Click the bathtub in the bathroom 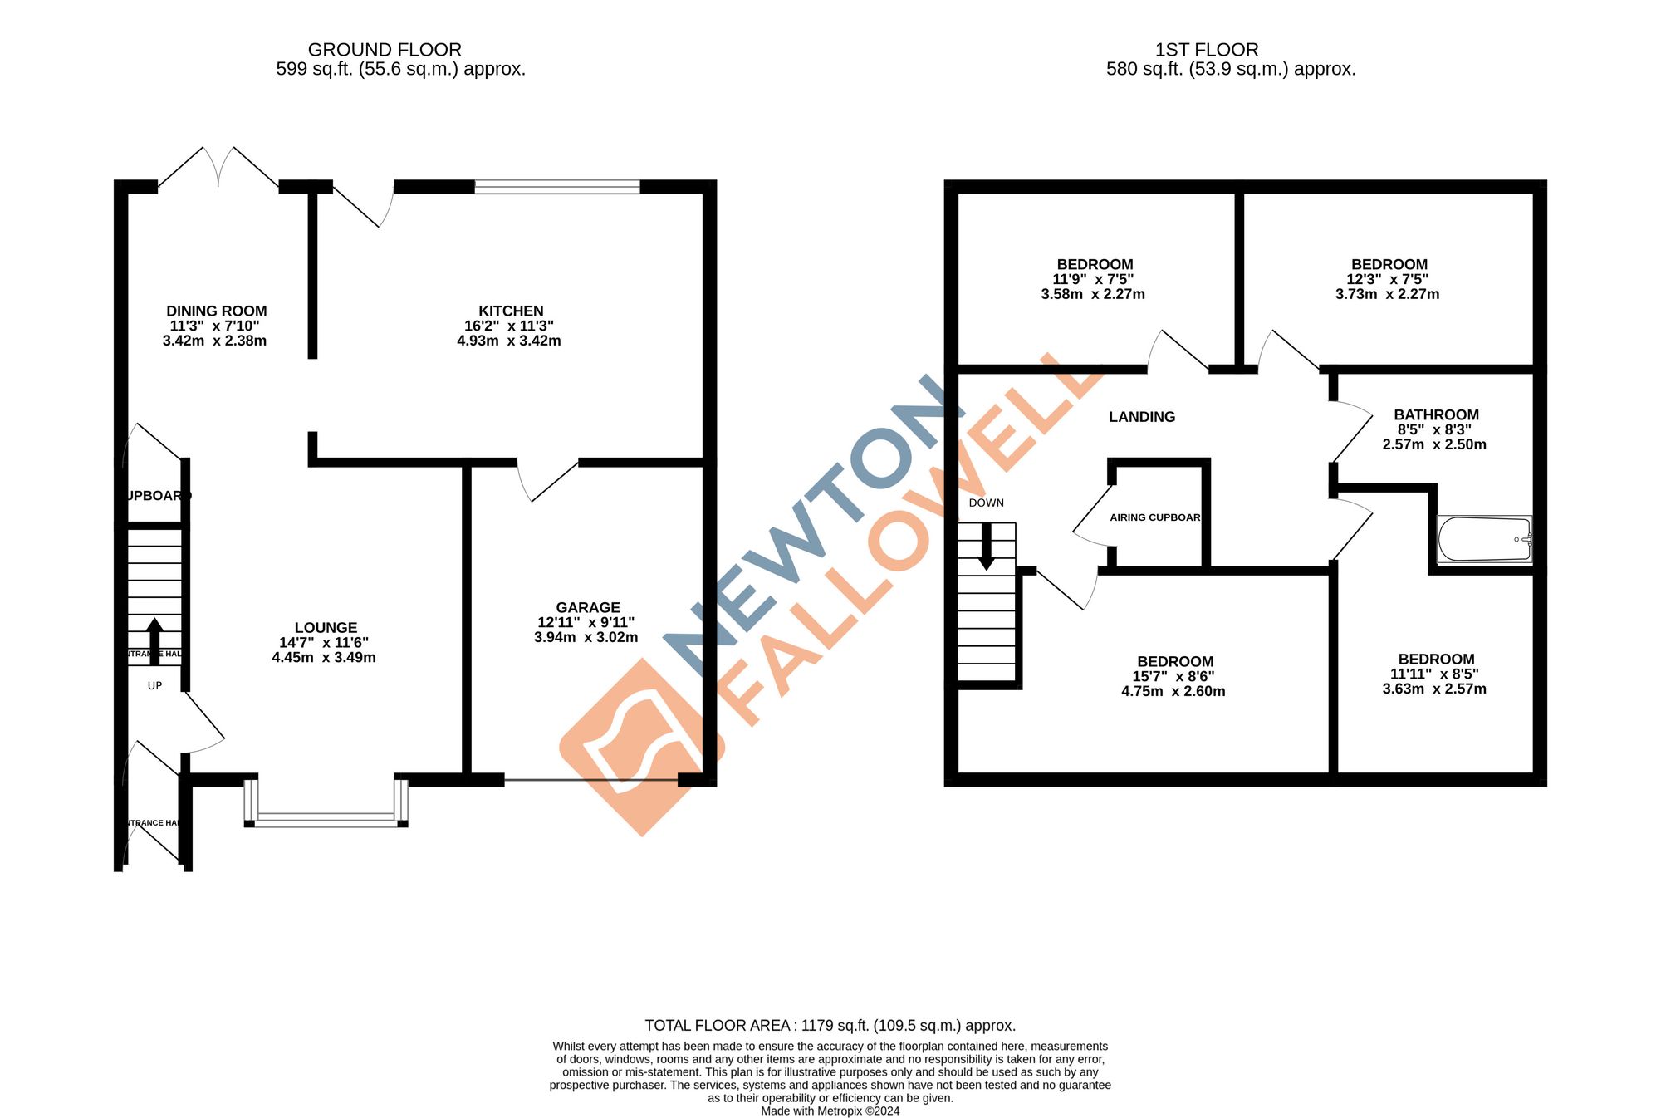pyautogui.click(x=1484, y=539)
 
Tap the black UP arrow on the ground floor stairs pyautogui.click(x=154, y=640)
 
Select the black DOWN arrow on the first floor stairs pyautogui.click(x=987, y=547)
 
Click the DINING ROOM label pyautogui.click(x=217, y=311)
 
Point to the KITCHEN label pyautogui.click(x=511, y=311)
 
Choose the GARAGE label pyautogui.click(x=588, y=608)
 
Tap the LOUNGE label pyautogui.click(x=326, y=628)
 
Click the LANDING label pyautogui.click(x=1142, y=417)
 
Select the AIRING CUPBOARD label pyautogui.click(x=1155, y=517)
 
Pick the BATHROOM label pyautogui.click(x=1436, y=415)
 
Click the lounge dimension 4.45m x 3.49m pyautogui.click(x=324, y=658)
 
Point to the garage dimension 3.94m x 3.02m pyautogui.click(x=586, y=638)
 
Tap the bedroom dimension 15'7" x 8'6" pyautogui.click(x=1173, y=677)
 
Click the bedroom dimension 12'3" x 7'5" pyautogui.click(x=1387, y=280)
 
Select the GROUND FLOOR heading pyautogui.click(x=385, y=50)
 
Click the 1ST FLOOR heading pyautogui.click(x=1207, y=50)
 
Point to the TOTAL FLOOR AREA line pyautogui.click(x=830, y=1026)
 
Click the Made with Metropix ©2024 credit pyautogui.click(x=830, y=1111)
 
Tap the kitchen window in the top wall pyautogui.click(x=557, y=187)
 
